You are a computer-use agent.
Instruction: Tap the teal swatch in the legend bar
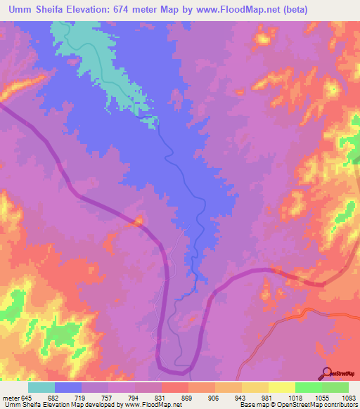click(x=41, y=387)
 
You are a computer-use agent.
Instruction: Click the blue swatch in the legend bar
click(x=68, y=387)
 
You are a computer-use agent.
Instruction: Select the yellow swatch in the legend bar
click(x=281, y=387)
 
